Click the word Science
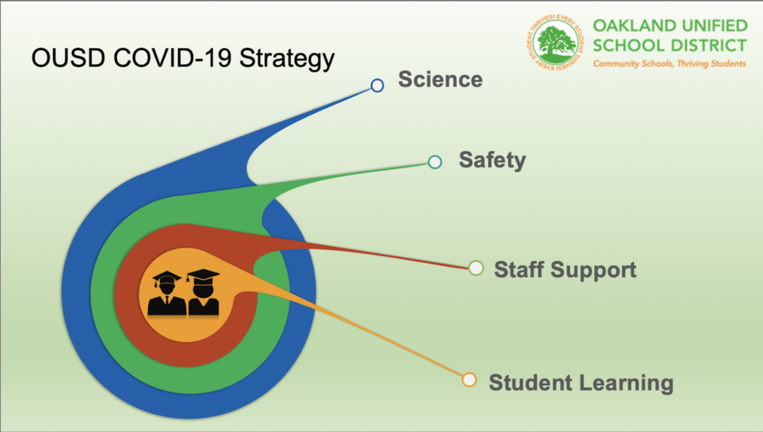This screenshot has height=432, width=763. point(440,79)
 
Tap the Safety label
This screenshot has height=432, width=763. point(492,160)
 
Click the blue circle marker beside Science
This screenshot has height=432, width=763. point(377,86)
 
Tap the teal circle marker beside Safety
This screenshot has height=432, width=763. point(435,162)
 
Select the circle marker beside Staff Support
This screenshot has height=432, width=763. point(476,268)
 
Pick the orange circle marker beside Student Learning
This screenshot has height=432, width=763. point(470,380)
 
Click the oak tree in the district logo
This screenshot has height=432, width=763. point(556,43)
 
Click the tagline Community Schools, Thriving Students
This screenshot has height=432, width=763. point(669,64)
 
